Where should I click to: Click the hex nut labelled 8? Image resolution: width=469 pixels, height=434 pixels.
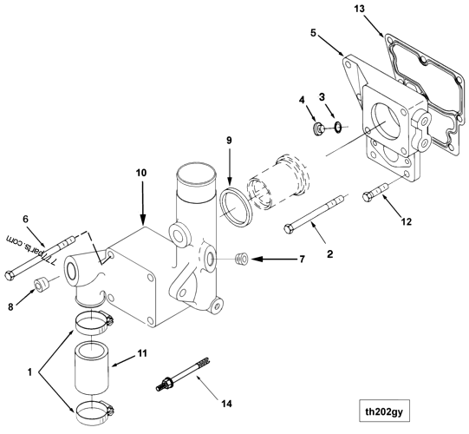click(x=39, y=286)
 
